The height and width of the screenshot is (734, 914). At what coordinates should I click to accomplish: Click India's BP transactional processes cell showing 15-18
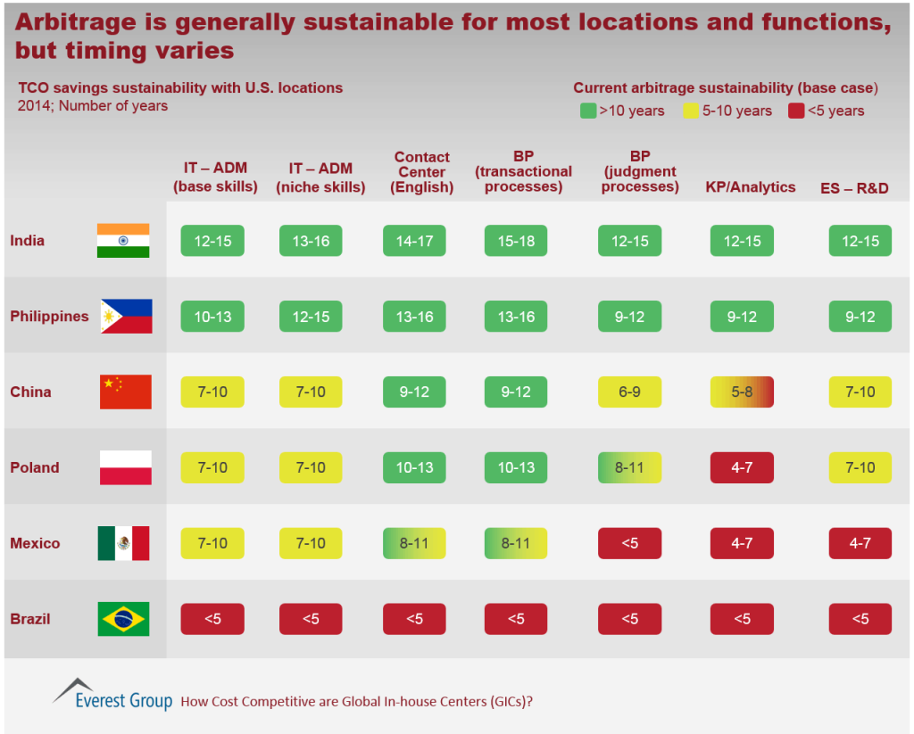coord(516,241)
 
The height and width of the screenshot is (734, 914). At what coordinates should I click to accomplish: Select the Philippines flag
coord(126,316)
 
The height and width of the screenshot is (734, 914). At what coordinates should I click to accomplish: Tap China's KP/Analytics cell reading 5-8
coord(742,392)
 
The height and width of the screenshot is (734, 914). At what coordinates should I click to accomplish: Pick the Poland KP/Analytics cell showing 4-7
coord(742,467)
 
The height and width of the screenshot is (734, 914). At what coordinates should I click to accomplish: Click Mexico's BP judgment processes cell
coord(630,543)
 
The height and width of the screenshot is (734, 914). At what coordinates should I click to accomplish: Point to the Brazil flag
coord(123,619)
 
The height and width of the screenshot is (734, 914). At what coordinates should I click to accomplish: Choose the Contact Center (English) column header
coord(422,172)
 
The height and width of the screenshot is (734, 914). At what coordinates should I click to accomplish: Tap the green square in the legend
coord(587,111)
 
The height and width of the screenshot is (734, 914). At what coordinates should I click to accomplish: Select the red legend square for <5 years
coord(796,111)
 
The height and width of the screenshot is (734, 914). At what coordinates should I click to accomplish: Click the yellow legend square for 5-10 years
coord(691,111)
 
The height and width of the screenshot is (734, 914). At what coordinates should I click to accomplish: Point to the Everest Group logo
coord(112,694)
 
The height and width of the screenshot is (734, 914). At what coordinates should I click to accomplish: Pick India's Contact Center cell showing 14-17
coord(415,241)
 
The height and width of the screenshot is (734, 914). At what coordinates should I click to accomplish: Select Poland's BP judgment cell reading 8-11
coord(630,467)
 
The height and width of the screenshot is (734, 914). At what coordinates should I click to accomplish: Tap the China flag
coord(125,392)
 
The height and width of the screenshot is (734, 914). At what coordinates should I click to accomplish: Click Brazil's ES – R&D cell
coord(860,619)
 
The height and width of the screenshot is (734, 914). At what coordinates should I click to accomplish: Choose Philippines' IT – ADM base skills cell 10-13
coord(212,316)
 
